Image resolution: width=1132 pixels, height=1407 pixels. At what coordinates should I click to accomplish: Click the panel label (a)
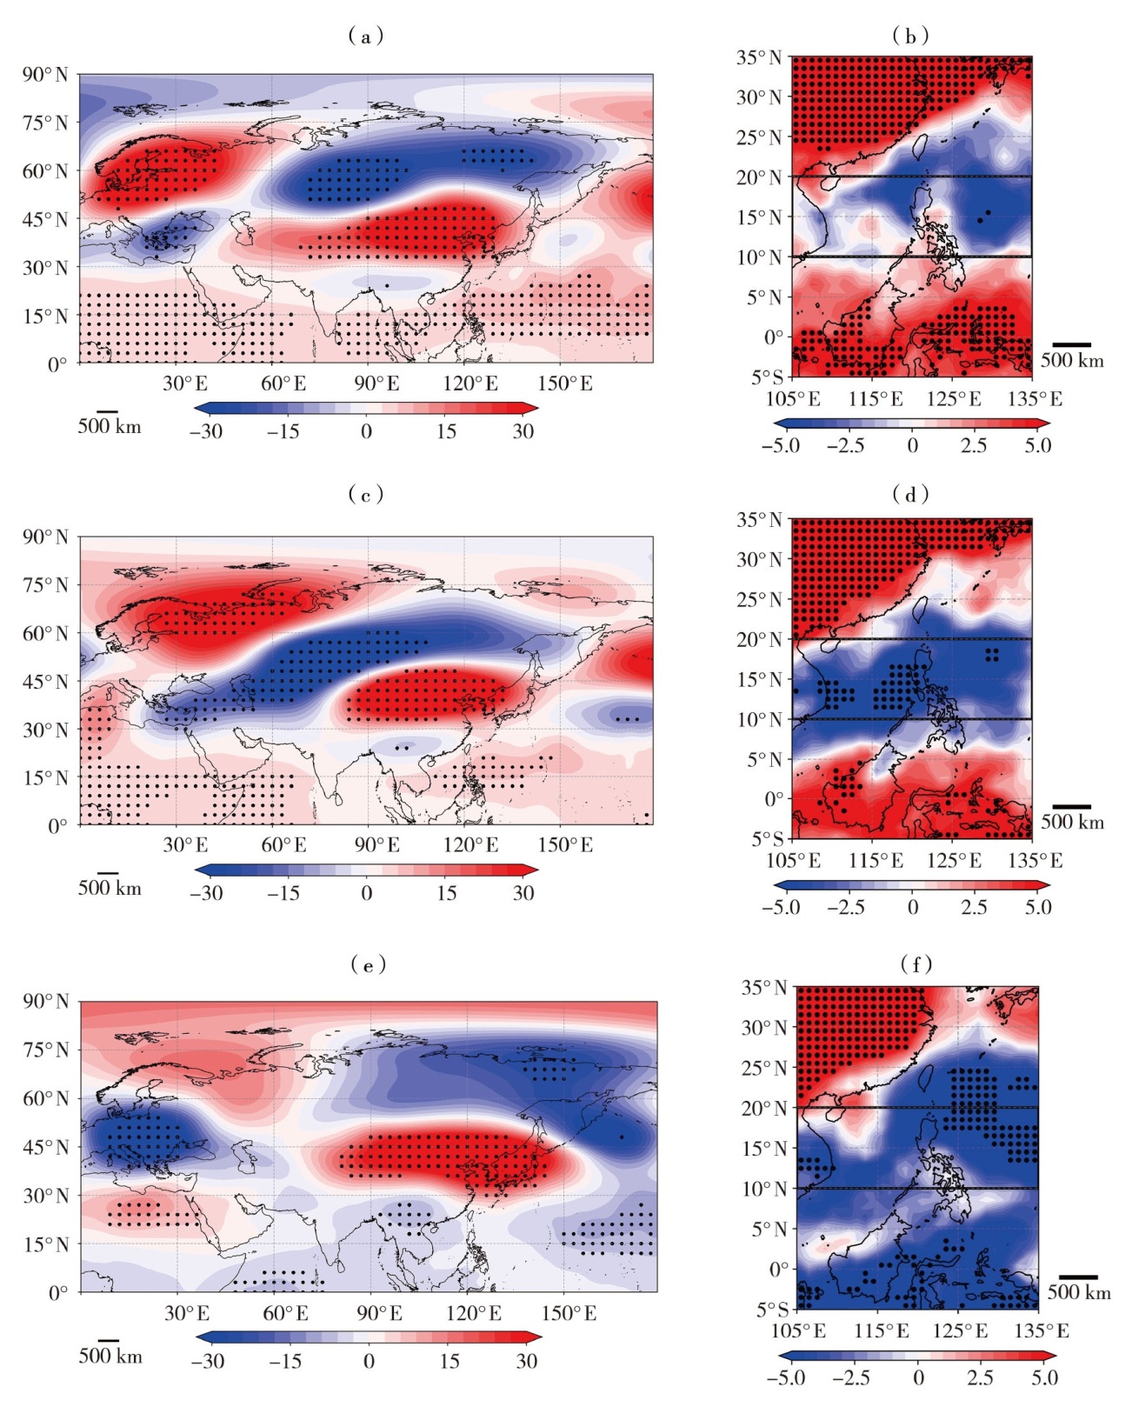(x=366, y=36)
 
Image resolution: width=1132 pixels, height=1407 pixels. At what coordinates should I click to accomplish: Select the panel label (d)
(x=910, y=495)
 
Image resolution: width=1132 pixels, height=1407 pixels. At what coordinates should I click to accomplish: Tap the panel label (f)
(x=916, y=964)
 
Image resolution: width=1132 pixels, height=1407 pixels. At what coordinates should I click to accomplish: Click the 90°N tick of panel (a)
(x=45, y=75)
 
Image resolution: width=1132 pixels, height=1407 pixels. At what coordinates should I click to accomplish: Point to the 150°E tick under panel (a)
(x=565, y=383)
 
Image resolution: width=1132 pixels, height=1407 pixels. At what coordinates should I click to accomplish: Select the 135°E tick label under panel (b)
(x=1035, y=399)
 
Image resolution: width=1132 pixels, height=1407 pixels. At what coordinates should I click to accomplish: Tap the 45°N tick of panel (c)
(x=45, y=682)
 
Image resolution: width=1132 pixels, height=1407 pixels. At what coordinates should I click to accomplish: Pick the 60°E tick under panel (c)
(x=283, y=845)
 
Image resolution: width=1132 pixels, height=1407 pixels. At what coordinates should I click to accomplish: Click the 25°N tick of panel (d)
(x=760, y=599)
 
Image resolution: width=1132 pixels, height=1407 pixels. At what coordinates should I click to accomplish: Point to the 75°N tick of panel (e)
(x=45, y=1050)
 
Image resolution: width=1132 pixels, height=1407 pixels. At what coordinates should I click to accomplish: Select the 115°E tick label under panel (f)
(x=881, y=1331)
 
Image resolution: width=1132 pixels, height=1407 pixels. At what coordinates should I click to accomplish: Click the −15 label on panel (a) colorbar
(x=283, y=431)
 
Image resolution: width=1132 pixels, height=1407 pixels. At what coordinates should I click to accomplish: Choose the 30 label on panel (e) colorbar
(x=527, y=1362)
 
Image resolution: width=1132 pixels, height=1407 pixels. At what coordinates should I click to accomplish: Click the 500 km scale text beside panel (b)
(x=1072, y=361)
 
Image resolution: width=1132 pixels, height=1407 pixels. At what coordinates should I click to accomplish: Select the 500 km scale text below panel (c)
(x=110, y=888)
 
